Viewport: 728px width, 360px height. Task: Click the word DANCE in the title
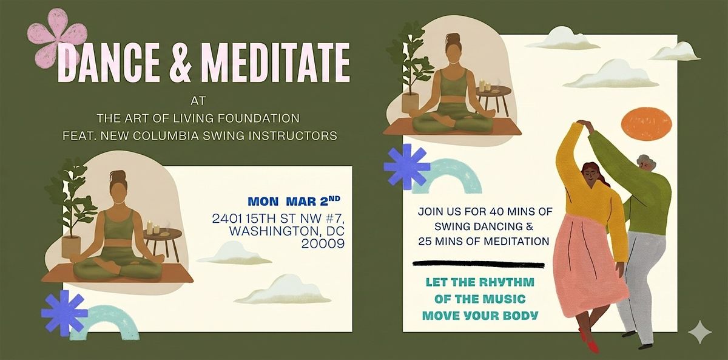point(109,62)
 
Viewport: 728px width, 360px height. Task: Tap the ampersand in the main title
point(180,62)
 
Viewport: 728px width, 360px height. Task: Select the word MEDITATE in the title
point(275,62)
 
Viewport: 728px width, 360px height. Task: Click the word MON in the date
point(263,202)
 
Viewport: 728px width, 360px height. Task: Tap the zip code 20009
point(323,243)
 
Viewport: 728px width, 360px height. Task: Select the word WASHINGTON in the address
point(272,231)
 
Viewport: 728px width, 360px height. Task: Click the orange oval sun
point(646,124)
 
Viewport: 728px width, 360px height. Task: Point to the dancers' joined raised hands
point(585,124)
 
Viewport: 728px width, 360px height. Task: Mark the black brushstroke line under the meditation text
point(479,265)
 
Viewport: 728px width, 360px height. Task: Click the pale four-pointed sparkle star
point(700,331)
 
